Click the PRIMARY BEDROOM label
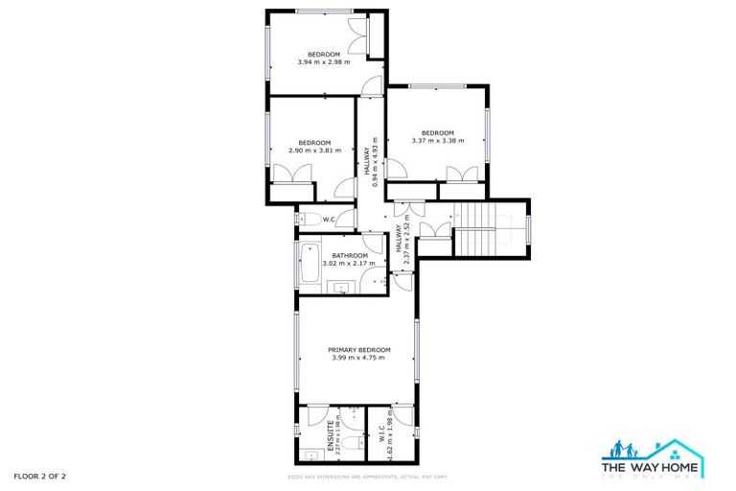coord(359,350)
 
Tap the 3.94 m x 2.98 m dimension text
coord(323,62)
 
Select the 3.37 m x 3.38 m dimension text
coord(437,141)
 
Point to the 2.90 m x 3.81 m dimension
coord(314,150)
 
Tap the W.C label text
coord(329,220)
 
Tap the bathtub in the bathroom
coord(310,266)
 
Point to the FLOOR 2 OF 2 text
coord(40,476)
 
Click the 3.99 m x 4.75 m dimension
coord(359,359)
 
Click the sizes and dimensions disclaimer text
coord(367,477)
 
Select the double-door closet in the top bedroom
coord(357,36)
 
